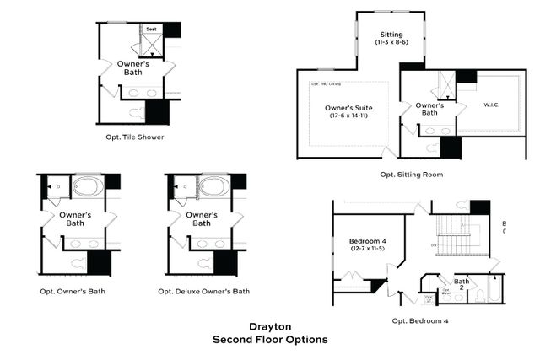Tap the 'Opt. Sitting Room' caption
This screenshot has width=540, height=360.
point(411,175)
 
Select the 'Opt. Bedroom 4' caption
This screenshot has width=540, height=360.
point(420,321)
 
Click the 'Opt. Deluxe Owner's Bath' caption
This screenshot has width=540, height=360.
point(204,292)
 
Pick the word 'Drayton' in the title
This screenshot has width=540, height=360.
point(270,326)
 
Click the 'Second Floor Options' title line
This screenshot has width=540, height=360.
point(270,340)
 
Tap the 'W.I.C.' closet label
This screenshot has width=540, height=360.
point(493,105)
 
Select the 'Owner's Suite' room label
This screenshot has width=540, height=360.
point(348,107)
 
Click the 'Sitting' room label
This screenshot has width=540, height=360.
point(391,33)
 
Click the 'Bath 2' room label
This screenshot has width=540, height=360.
point(462,284)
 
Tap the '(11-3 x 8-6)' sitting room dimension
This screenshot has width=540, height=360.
point(391,41)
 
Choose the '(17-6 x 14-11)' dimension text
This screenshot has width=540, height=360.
point(348,116)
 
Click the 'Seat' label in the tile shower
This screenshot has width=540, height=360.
point(151,30)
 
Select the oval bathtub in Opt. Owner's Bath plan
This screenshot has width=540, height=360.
point(86,186)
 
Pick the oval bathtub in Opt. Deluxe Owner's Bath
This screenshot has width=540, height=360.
point(211,186)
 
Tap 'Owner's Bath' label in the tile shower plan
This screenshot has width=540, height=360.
point(133,68)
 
